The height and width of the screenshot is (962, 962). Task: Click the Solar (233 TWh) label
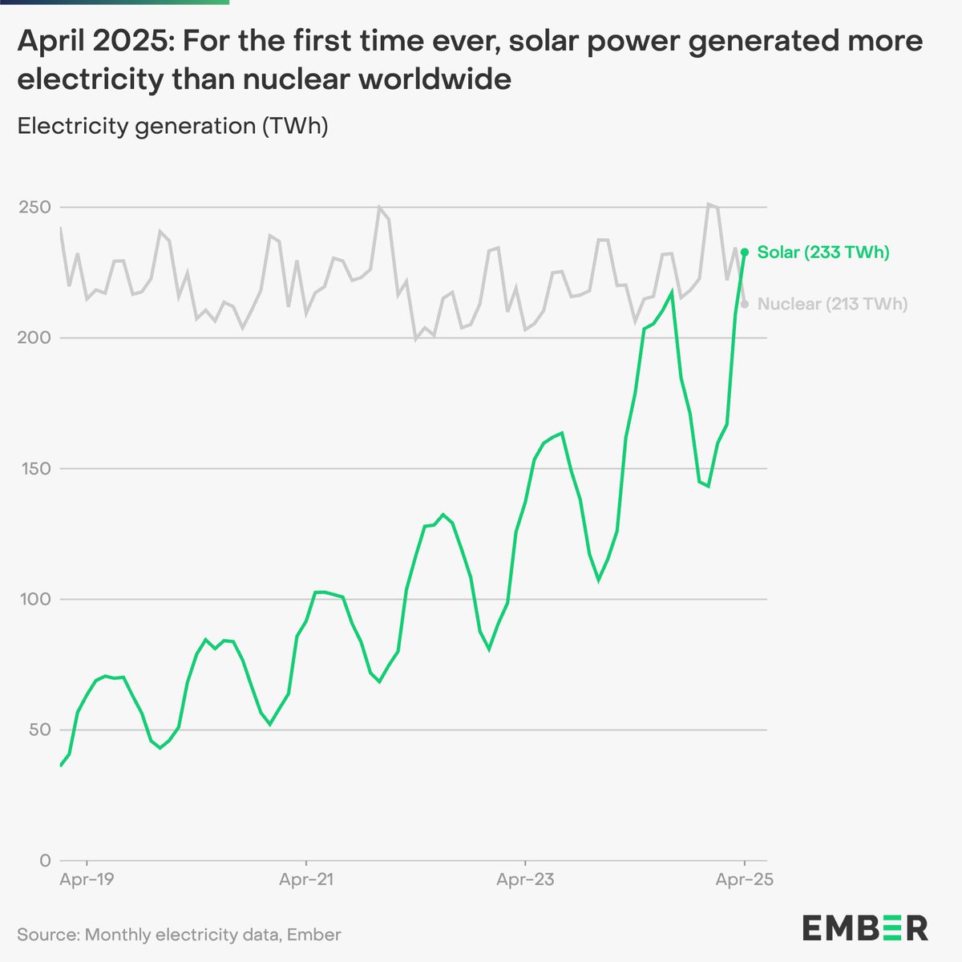823,253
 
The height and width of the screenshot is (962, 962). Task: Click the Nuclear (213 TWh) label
832,304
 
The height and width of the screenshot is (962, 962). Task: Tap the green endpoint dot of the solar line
745,252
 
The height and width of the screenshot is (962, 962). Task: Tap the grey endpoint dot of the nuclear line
745,304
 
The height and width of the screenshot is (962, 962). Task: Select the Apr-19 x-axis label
87,879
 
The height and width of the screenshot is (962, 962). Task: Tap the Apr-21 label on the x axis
306,879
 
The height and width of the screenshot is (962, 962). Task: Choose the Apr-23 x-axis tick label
525,879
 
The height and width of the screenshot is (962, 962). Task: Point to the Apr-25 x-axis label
745,879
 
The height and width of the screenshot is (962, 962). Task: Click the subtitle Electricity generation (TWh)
172,126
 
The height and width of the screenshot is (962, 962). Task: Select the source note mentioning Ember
179,935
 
